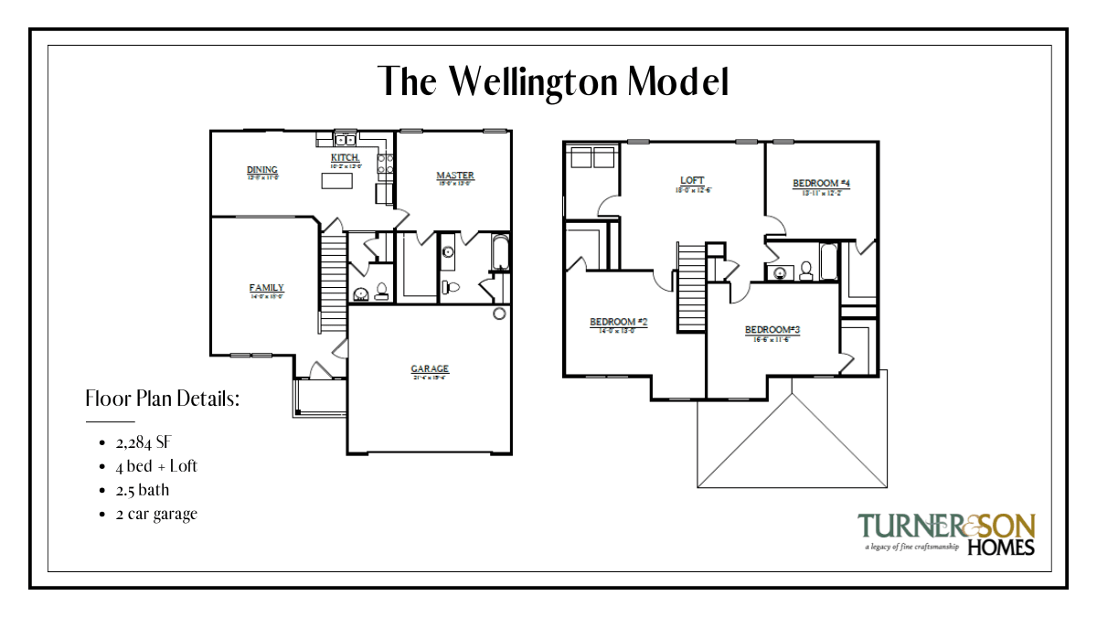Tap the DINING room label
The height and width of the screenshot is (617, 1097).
click(262, 171)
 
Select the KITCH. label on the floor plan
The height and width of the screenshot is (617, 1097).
click(346, 159)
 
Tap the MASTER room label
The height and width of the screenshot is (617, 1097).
click(454, 176)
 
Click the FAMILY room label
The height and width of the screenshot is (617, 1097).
click(266, 289)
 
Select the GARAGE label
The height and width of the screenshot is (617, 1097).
click(429, 370)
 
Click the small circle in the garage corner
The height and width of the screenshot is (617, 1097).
click(499, 314)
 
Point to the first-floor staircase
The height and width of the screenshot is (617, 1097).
click(333, 283)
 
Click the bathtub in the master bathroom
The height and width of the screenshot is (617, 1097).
click(499, 253)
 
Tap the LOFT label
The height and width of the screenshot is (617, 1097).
click(692, 181)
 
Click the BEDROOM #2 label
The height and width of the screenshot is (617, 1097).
click(618, 323)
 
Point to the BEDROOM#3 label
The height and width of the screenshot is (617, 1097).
click(772, 330)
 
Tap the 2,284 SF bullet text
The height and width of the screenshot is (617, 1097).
click(144, 442)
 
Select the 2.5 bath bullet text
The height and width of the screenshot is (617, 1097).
click(143, 490)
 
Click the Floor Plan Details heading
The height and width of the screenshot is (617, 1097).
click(162, 399)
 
